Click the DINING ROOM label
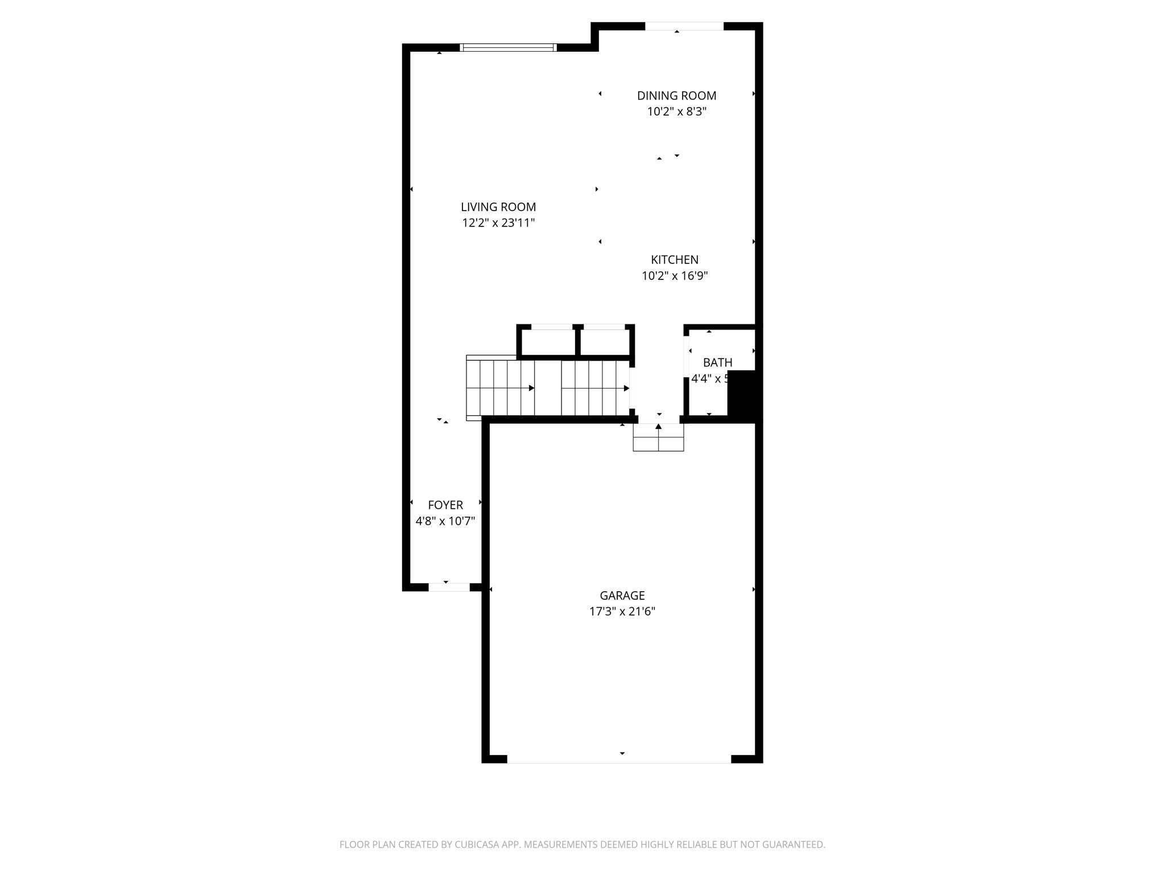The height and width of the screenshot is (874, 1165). pyautogui.click(x=676, y=96)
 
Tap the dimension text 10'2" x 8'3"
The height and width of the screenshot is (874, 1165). pyautogui.click(x=676, y=112)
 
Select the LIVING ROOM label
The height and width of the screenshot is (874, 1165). pyautogui.click(x=498, y=207)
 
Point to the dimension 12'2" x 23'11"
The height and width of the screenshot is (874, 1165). pyautogui.click(x=498, y=223)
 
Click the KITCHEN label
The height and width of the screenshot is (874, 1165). pyautogui.click(x=675, y=260)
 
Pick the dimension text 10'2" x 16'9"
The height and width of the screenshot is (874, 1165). pyautogui.click(x=675, y=276)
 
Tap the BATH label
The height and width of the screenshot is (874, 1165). pyautogui.click(x=717, y=362)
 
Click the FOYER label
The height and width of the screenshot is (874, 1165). pyautogui.click(x=445, y=505)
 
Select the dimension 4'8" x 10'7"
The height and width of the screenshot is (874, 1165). pyautogui.click(x=445, y=521)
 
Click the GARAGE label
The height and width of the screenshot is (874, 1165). pyautogui.click(x=622, y=595)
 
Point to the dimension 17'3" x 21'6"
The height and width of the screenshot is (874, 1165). pyautogui.click(x=622, y=612)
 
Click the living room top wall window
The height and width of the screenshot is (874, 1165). pyautogui.click(x=508, y=48)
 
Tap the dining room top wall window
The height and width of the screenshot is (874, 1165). pyautogui.click(x=684, y=26)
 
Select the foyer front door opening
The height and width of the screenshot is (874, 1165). pyautogui.click(x=449, y=587)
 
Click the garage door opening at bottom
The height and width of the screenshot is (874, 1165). pyautogui.click(x=619, y=758)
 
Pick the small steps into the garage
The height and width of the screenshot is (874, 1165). pyautogui.click(x=658, y=438)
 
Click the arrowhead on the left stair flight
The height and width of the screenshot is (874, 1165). pyautogui.click(x=531, y=388)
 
